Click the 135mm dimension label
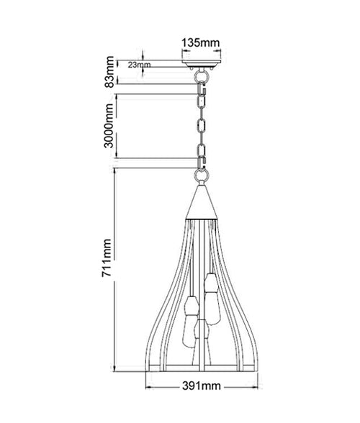point(200,42)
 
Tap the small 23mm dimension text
point(139,65)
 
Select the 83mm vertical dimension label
point(109,72)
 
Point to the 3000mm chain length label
point(109,126)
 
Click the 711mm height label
point(107,258)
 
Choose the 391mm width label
point(202,386)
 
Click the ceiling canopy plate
point(202,63)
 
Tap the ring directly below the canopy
point(202,75)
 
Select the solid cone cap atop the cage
point(202,201)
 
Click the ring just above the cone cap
point(202,176)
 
